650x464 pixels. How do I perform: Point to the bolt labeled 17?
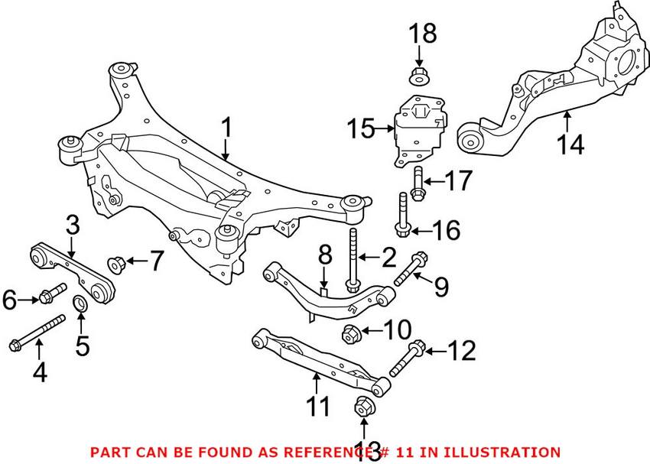click(x=417, y=184)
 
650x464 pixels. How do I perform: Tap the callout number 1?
click(x=226, y=128)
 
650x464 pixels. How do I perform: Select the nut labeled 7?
click(x=118, y=264)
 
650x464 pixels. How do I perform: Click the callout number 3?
click(x=72, y=226)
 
